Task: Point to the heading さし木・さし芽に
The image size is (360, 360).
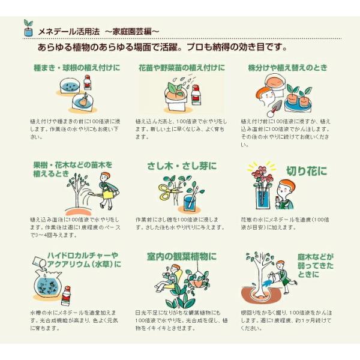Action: click(x=181, y=166)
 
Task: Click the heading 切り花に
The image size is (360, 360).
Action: click(x=307, y=172)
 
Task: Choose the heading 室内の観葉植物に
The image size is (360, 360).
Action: click(x=181, y=257)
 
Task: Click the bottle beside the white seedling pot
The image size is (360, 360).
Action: click(x=196, y=95)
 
